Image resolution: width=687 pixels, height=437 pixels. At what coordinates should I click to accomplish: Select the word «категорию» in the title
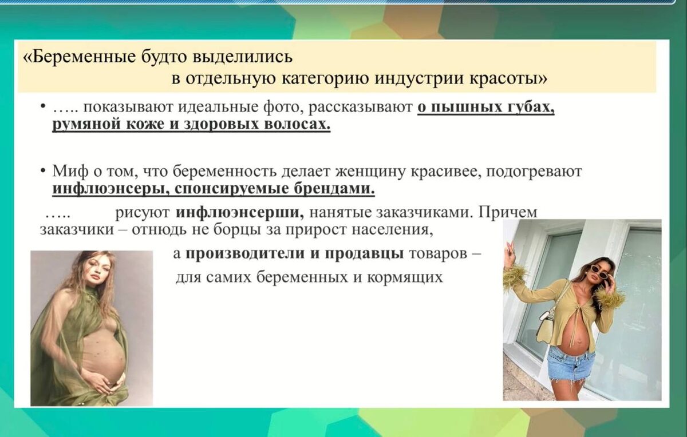(326, 79)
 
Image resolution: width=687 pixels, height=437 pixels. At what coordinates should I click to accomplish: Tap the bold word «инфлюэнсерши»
(240, 212)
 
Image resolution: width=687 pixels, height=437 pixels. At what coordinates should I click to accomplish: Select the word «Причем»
(507, 213)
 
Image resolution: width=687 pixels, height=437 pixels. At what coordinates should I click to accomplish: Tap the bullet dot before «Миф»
(44, 170)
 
